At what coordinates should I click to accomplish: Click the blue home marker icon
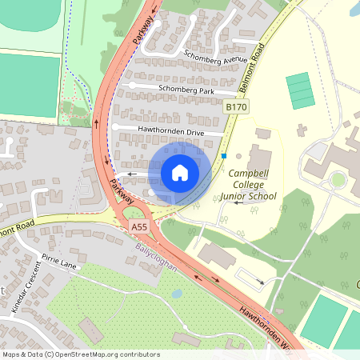[179, 172]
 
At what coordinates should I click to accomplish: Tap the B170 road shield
[236, 107]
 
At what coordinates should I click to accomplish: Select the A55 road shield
[139, 227]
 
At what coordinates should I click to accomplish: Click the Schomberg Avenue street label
[215, 58]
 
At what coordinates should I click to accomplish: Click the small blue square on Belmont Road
[225, 155]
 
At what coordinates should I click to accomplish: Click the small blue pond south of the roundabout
[177, 294]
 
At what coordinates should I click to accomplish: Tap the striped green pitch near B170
[301, 90]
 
